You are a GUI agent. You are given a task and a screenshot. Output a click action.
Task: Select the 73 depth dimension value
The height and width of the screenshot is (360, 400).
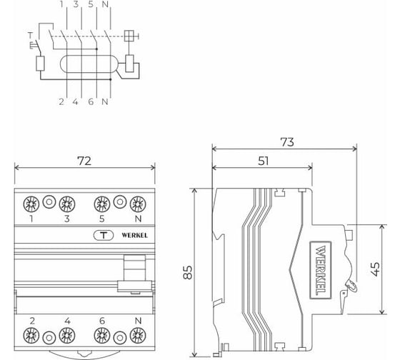coord(286,142)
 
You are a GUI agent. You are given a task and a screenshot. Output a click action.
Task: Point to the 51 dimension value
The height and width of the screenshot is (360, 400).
coord(263,161)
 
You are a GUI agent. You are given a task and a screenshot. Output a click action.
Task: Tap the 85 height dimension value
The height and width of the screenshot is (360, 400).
coord(187,272)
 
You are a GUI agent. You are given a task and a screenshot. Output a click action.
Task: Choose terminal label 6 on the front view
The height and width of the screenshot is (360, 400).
coord(102,320)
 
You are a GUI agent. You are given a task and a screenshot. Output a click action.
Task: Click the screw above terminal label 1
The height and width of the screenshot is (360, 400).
coord(32,202)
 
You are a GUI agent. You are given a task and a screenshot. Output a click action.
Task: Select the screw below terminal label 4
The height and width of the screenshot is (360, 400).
coord(67,335)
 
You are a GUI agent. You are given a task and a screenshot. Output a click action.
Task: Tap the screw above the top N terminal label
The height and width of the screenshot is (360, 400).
coord(136,202)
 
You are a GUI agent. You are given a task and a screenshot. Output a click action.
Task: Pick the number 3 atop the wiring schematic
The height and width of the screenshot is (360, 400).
coord(76,5)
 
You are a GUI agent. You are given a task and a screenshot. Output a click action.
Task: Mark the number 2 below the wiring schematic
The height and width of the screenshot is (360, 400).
coord(61,101)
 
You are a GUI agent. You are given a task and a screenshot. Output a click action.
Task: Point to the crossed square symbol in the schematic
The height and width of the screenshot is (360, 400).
coord(130,36)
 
